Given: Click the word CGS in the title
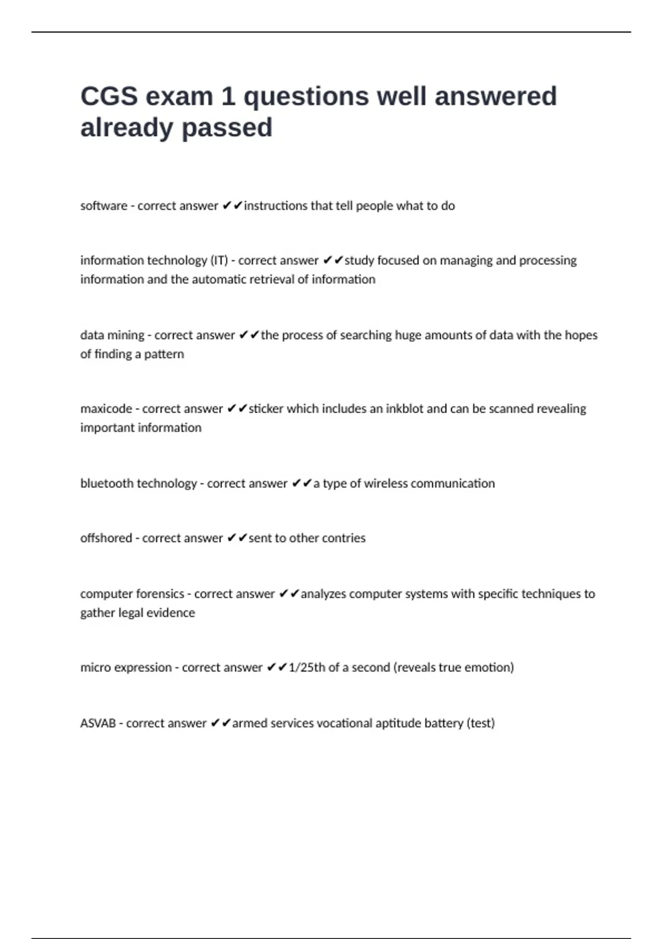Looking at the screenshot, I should click(109, 96).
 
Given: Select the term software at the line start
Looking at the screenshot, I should click(103, 206).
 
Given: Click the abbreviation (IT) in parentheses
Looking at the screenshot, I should click(219, 260).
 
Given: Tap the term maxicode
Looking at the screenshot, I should click(106, 409).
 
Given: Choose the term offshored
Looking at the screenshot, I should click(106, 538).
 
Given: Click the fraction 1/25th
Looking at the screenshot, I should click(307, 667).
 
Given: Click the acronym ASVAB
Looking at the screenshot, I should click(98, 723).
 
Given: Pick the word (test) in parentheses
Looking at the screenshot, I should click(481, 723).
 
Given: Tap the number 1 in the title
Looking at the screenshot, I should click(228, 96).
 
